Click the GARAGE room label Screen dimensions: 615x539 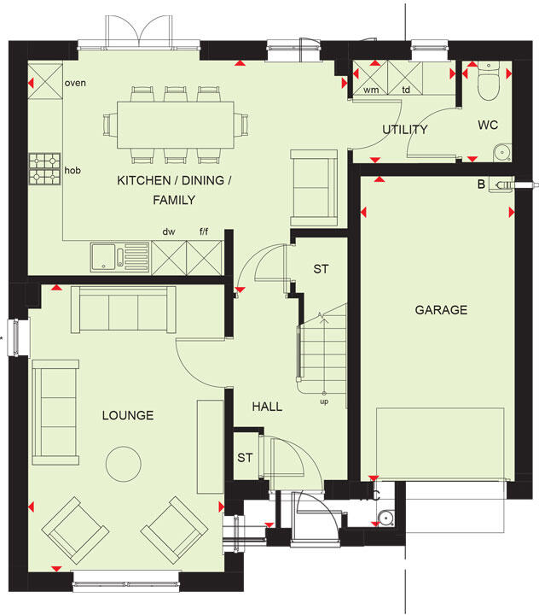click(441, 310)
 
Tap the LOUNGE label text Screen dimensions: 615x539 click(128, 416)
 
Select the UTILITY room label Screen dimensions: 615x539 click(404, 130)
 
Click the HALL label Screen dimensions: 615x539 click(267, 407)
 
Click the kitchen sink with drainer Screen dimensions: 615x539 click(119, 255)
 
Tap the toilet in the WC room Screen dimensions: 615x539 click(489, 84)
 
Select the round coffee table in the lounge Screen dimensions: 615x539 click(124, 465)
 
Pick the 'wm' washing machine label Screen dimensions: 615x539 click(371, 89)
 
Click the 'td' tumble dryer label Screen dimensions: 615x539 click(407, 89)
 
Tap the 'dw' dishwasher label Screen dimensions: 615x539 click(168, 231)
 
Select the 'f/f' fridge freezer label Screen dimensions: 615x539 click(204, 231)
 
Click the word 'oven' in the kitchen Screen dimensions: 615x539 click(75, 83)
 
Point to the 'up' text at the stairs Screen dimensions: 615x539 click(323, 401)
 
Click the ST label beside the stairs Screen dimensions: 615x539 click(321, 270)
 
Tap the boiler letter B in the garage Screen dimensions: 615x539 click(481, 184)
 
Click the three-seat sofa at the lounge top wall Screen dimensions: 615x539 click(124, 309)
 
